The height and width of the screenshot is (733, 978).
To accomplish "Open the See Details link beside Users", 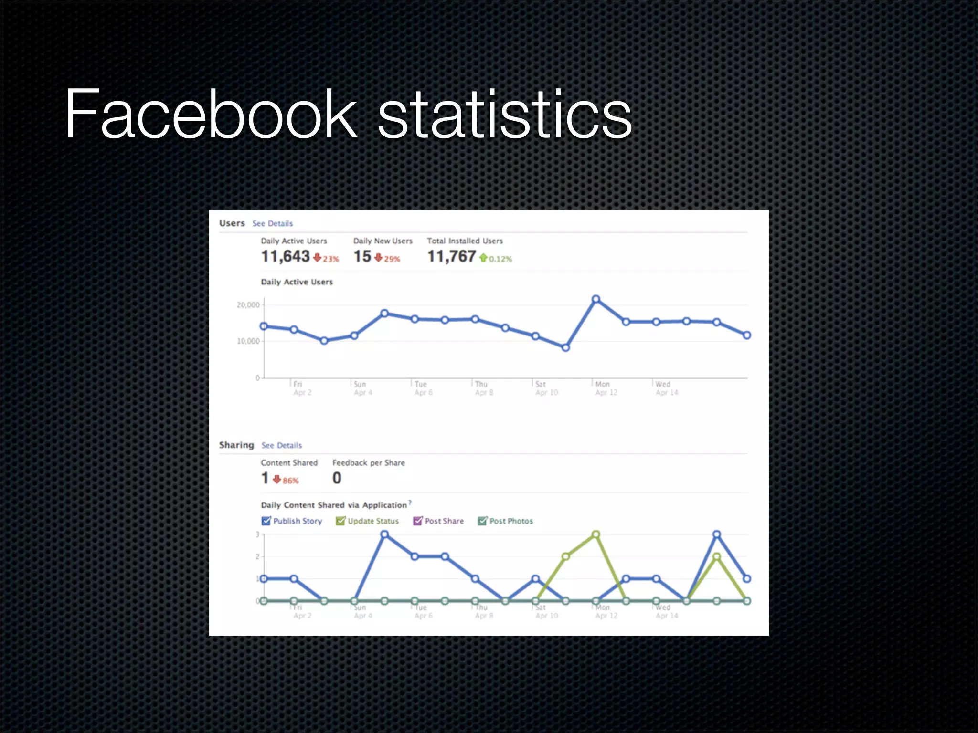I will pos(273,223).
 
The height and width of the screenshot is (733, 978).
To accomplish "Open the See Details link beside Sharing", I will pos(282,445).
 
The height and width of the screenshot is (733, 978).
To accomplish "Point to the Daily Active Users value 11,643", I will pos(286,257).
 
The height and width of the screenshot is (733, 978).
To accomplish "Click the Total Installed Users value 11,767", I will pos(451,257).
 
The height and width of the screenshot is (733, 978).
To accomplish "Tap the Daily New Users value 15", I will pos(362,257).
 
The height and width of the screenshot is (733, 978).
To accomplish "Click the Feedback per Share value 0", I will pos(337,478).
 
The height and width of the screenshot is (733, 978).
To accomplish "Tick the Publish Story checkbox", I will pos(266,521).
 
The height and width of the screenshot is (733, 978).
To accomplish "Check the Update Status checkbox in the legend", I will pos(340,521).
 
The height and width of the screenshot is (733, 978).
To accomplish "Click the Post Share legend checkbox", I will pos(417,521).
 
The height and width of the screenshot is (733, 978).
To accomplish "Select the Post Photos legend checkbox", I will pos(482,521).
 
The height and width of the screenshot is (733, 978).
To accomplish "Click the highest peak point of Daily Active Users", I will pos(596,299).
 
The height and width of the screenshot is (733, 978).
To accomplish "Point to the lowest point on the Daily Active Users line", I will pos(565,348).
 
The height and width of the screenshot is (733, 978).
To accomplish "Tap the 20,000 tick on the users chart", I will pos(248,305).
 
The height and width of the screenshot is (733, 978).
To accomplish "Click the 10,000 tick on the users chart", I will pos(248,341).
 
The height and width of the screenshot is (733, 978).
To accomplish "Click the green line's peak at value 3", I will pos(596,534).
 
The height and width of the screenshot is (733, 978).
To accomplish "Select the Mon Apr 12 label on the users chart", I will pos(606,388).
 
